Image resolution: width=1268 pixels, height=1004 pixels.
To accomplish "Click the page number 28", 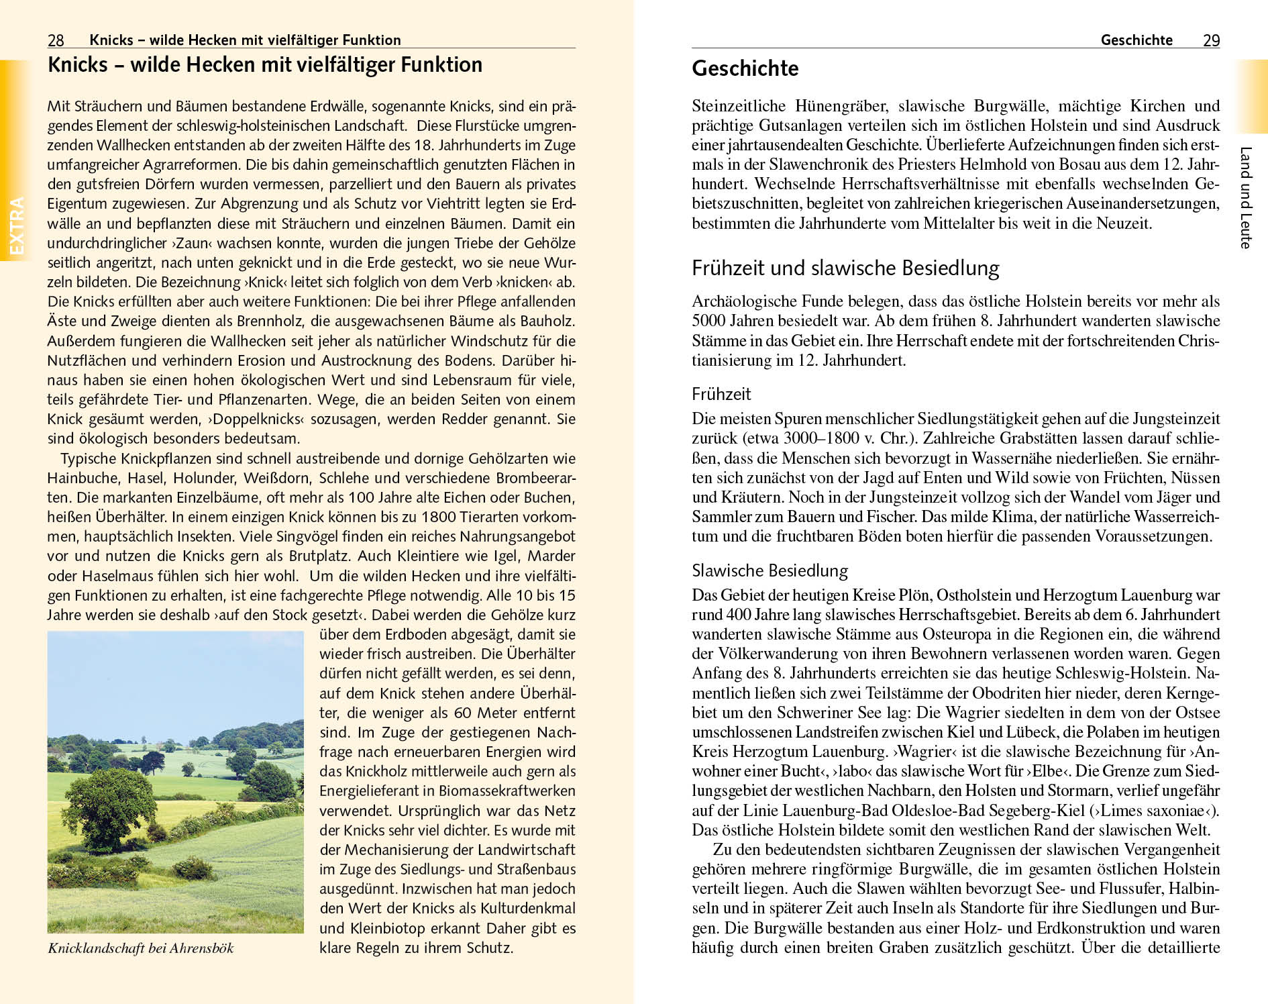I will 56,40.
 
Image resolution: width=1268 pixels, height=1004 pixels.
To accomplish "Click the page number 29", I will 1211,40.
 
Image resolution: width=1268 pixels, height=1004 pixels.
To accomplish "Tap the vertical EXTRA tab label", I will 16,226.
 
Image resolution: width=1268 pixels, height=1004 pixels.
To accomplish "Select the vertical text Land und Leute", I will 1245,198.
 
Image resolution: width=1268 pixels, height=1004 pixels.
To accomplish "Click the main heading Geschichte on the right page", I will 745,68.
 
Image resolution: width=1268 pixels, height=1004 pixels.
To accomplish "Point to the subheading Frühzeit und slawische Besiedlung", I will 845,268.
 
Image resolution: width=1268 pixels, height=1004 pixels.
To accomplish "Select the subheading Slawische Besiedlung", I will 770,570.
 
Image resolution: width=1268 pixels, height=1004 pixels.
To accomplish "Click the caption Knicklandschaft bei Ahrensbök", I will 141,948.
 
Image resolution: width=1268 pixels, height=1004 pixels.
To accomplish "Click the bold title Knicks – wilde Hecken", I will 265,65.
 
